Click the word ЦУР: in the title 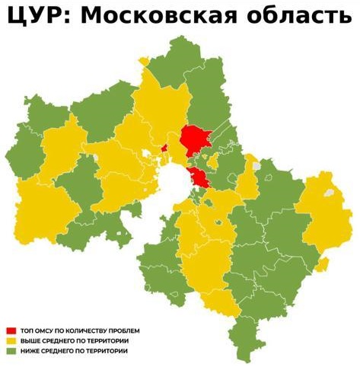(37, 17)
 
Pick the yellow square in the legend (11, 341)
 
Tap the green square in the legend (11, 351)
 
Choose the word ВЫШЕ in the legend (30, 341)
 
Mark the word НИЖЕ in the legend (30, 351)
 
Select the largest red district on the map (196, 140)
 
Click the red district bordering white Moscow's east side (200, 179)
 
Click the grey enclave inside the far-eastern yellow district (329, 192)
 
